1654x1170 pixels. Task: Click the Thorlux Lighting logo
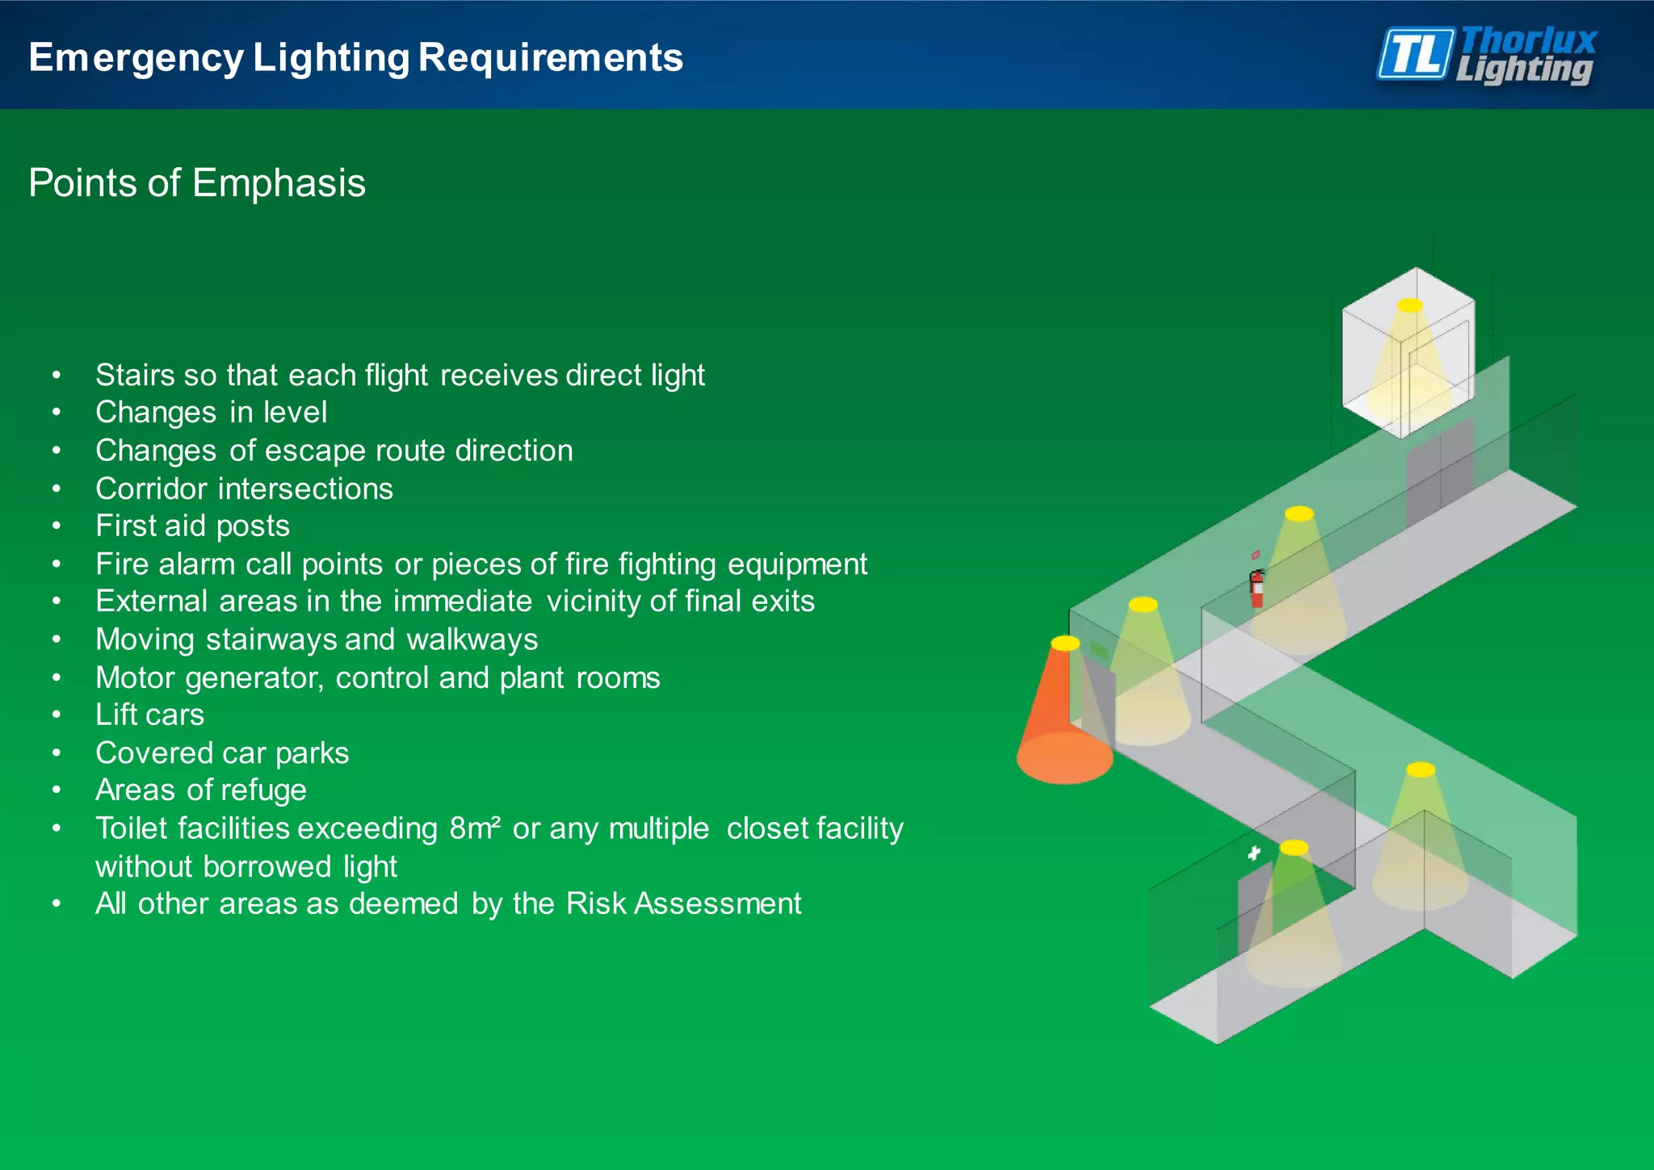pos(1486,55)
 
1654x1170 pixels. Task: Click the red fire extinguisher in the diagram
pos(1257,588)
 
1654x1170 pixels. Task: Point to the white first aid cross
pos(1253,853)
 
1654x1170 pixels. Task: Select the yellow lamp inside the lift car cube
pos(1410,305)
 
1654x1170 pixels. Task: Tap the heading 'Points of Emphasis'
pos(197,182)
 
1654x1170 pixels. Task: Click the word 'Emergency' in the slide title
pos(136,58)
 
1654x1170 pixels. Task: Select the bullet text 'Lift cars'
pos(149,715)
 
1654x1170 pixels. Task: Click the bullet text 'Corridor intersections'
pos(244,489)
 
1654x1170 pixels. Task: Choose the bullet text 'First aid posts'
pos(192,526)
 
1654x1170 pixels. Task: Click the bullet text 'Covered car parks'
pos(222,753)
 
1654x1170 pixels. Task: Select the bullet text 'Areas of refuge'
pos(201,790)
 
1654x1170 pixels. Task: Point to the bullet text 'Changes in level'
pos(211,413)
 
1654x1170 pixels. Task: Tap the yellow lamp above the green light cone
pos(1294,847)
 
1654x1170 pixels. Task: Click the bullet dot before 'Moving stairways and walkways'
pos(57,640)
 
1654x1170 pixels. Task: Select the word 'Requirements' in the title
pos(551,58)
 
